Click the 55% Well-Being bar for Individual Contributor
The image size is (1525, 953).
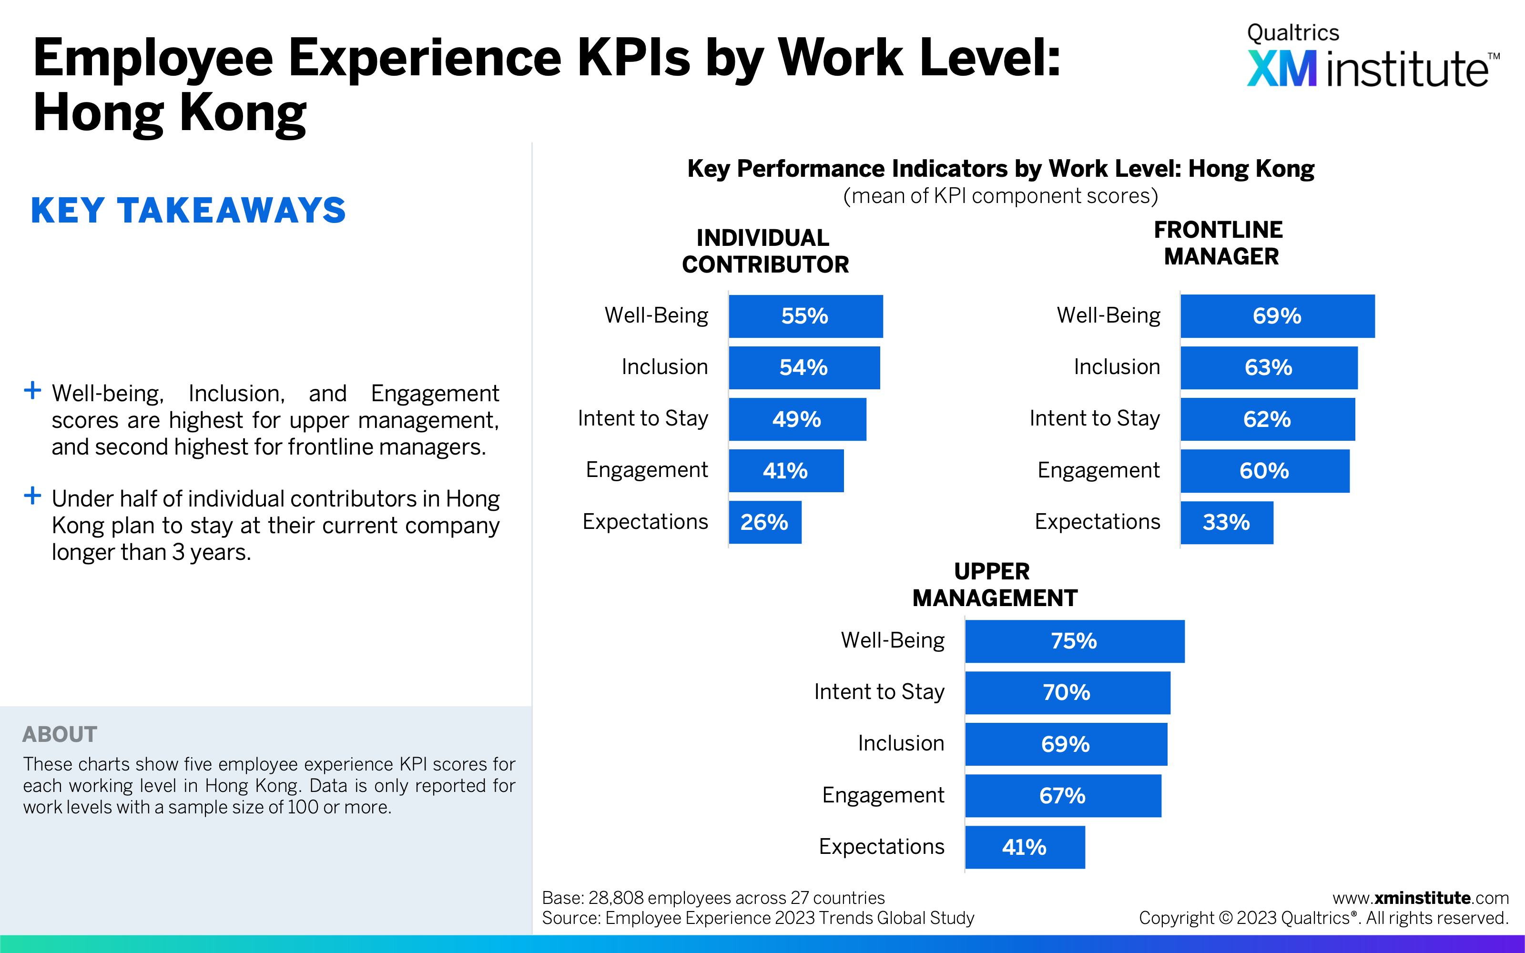pos(805,316)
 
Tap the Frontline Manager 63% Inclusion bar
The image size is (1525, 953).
pos(1269,367)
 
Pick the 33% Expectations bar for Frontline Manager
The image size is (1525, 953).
pos(1226,523)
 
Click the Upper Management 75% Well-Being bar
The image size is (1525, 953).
pos(1075,641)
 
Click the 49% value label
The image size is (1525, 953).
pos(796,419)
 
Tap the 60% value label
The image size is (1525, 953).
pos(1264,471)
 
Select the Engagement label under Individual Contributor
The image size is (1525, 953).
pos(647,470)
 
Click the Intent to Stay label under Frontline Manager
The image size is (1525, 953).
pos(1095,418)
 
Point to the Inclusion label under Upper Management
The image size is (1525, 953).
pos(901,744)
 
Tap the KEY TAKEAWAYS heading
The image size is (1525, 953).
pos(188,211)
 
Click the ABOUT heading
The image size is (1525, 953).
pos(60,734)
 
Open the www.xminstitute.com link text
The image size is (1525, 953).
pos(1420,898)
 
